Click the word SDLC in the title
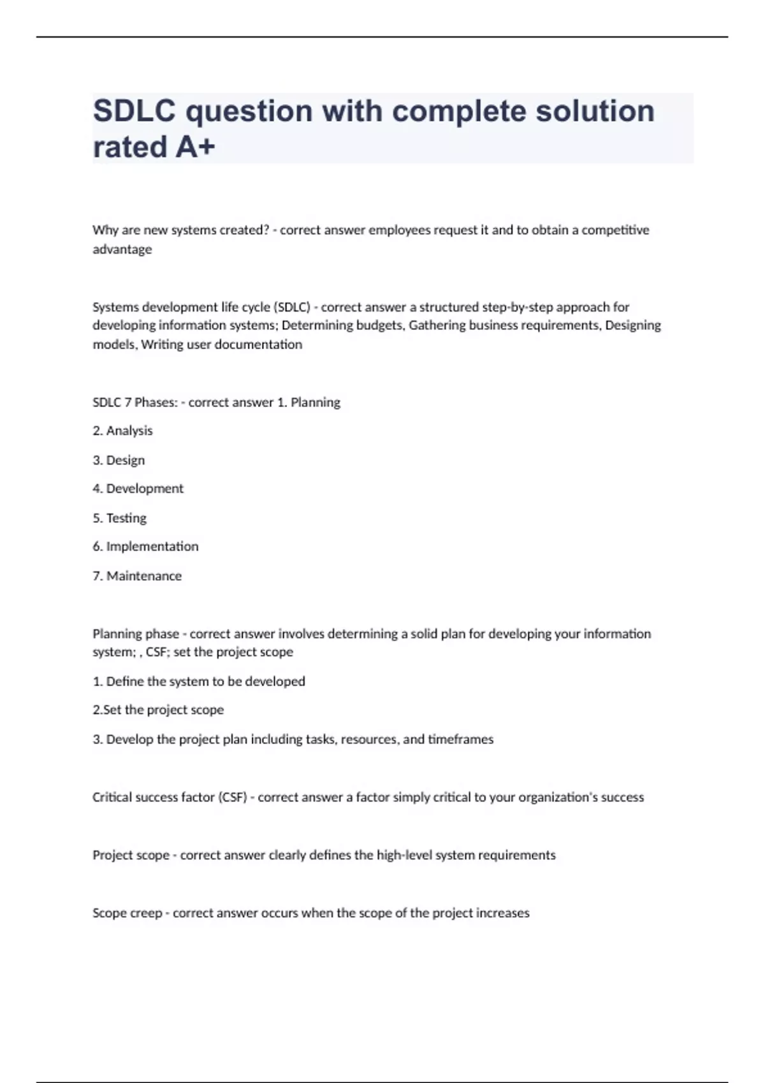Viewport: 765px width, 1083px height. click(134, 111)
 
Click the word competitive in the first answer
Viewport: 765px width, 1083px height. click(615, 230)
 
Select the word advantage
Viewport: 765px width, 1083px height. click(122, 249)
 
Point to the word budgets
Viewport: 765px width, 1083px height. click(379, 326)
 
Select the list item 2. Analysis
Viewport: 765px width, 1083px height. click(122, 431)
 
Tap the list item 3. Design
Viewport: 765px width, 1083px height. click(119, 460)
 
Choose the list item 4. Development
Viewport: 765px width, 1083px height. click(138, 489)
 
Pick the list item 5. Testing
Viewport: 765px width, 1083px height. click(119, 518)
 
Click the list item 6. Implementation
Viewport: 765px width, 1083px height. click(145, 547)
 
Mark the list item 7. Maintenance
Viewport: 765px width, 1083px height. click(137, 576)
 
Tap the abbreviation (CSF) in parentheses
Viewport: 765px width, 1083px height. click(233, 798)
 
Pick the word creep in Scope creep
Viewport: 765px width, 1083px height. click(146, 914)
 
